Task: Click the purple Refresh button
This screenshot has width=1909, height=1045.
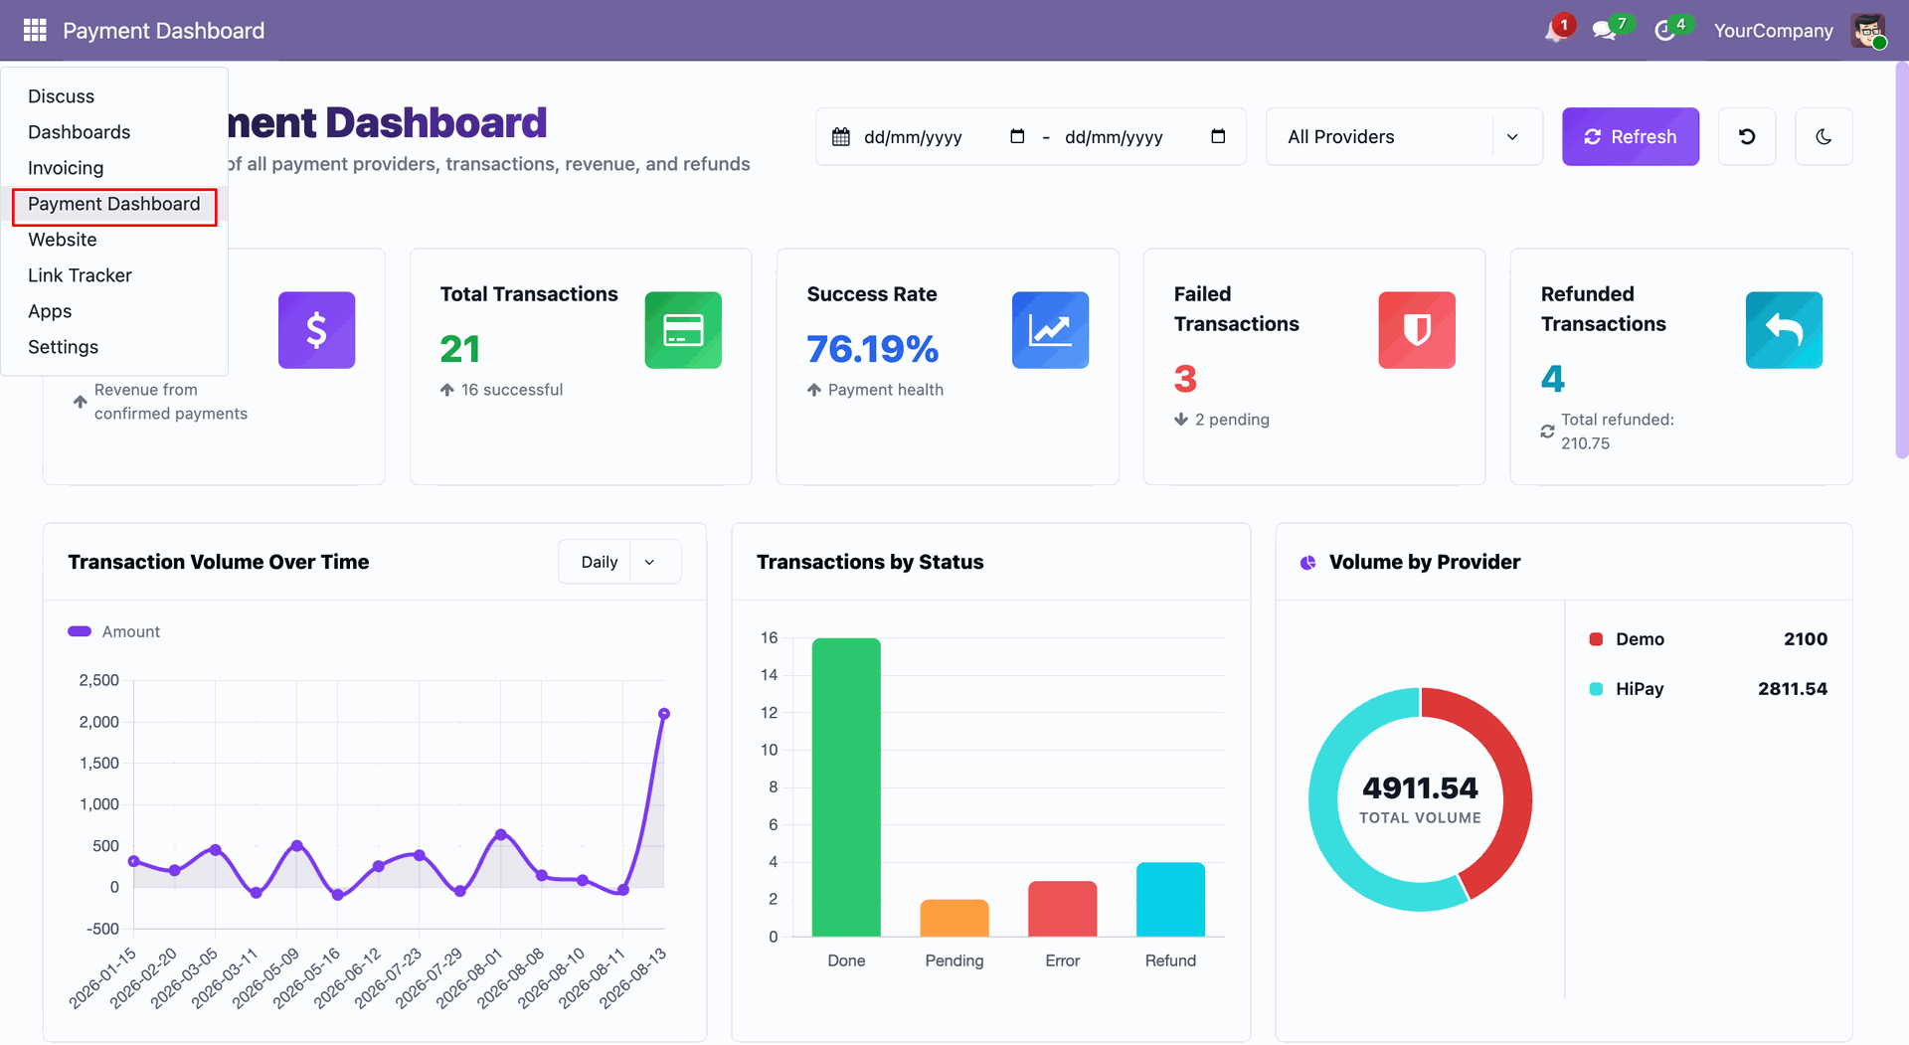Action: pyautogui.click(x=1630, y=136)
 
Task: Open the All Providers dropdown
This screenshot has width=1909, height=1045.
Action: pyautogui.click(x=1403, y=136)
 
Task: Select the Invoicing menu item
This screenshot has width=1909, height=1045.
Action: pyautogui.click(x=66, y=168)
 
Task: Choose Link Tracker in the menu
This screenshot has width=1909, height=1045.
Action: pyautogui.click(x=80, y=275)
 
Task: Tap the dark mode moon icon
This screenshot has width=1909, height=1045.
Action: pyautogui.click(x=1823, y=136)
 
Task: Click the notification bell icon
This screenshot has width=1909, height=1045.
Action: pyautogui.click(x=1555, y=31)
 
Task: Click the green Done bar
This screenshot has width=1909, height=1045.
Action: pyautogui.click(x=846, y=786)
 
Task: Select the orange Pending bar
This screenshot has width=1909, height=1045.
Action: pyautogui.click(x=954, y=918)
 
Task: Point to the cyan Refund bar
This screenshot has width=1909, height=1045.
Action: pyautogui.click(x=1170, y=899)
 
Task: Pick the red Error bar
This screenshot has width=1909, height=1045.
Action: pyautogui.click(x=1063, y=909)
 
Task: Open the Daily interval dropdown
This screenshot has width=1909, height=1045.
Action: pyautogui.click(x=619, y=562)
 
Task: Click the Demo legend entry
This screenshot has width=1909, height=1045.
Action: pyautogui.click(x=1627, y=639)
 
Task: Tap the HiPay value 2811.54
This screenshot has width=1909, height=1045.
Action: pyautogui.click(x=1793, y=689)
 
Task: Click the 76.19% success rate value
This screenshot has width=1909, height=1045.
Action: pyautogui.click(x=872, y=349)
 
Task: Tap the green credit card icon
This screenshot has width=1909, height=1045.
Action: pyautogui.click(x=683, y=330)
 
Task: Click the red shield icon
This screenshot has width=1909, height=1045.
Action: pyautogui.click(x=1417, y=330)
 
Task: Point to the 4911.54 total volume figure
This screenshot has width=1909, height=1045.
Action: pyautogui.click(x=1420, y=787)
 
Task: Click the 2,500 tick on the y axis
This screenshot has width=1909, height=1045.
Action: pyautogui.click(x=99, y=680)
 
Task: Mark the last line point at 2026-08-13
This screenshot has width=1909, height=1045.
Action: pyautogui.click(x=664, y=714)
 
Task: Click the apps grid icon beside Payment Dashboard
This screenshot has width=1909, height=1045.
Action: pyautogui.click(x=35, y=31)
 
